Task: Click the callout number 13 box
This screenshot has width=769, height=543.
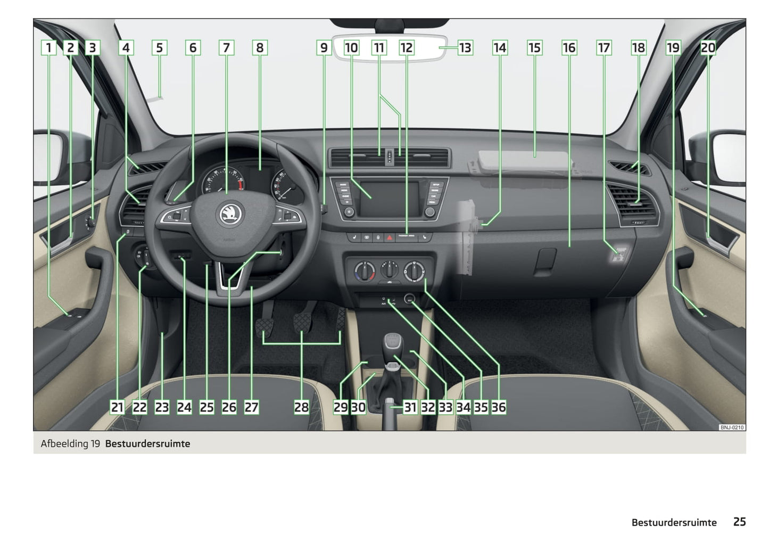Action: click(x=465, y=48)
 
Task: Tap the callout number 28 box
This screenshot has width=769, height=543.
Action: click(x=301, y=407)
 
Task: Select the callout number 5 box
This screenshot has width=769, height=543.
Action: click(x=159, y=48)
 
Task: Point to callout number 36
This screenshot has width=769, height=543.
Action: click(x=499, y=407)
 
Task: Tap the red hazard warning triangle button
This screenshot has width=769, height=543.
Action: click(x=390, y=237)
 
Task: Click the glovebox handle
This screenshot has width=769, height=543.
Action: click(x=545, y=262)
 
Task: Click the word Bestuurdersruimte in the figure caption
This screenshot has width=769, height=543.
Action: click(x=147, y=443)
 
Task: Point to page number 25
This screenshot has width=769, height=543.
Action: click(x=739, y=522)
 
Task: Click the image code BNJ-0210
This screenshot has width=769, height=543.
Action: click(x=732, y=427)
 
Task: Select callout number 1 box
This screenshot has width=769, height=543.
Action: click(x=48, y=48)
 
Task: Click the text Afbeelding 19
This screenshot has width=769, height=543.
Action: click(x=70, y=443)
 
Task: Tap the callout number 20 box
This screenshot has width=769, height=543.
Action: click(x=708, y=48)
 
